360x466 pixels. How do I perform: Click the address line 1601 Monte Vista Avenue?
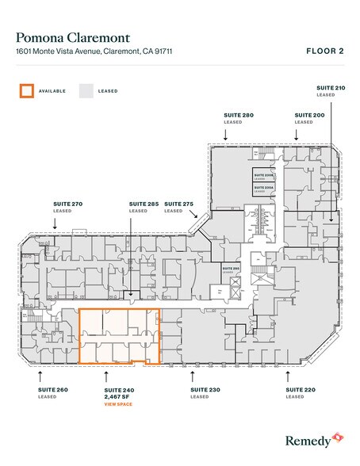[93, 52]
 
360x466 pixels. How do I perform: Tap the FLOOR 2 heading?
[324, 51]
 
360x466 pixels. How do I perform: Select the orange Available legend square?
[26, 90]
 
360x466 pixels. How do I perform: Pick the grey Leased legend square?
[85, 90]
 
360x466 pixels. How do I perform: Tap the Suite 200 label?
[304, 115]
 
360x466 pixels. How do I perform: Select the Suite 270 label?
[67, 204]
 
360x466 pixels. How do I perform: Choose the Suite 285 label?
[144, 204]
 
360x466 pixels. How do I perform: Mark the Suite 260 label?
[52, 390]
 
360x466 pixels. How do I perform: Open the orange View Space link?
[118, 404]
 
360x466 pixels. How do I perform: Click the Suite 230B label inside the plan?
[262, 173]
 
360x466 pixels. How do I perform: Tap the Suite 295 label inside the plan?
[230, 269]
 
